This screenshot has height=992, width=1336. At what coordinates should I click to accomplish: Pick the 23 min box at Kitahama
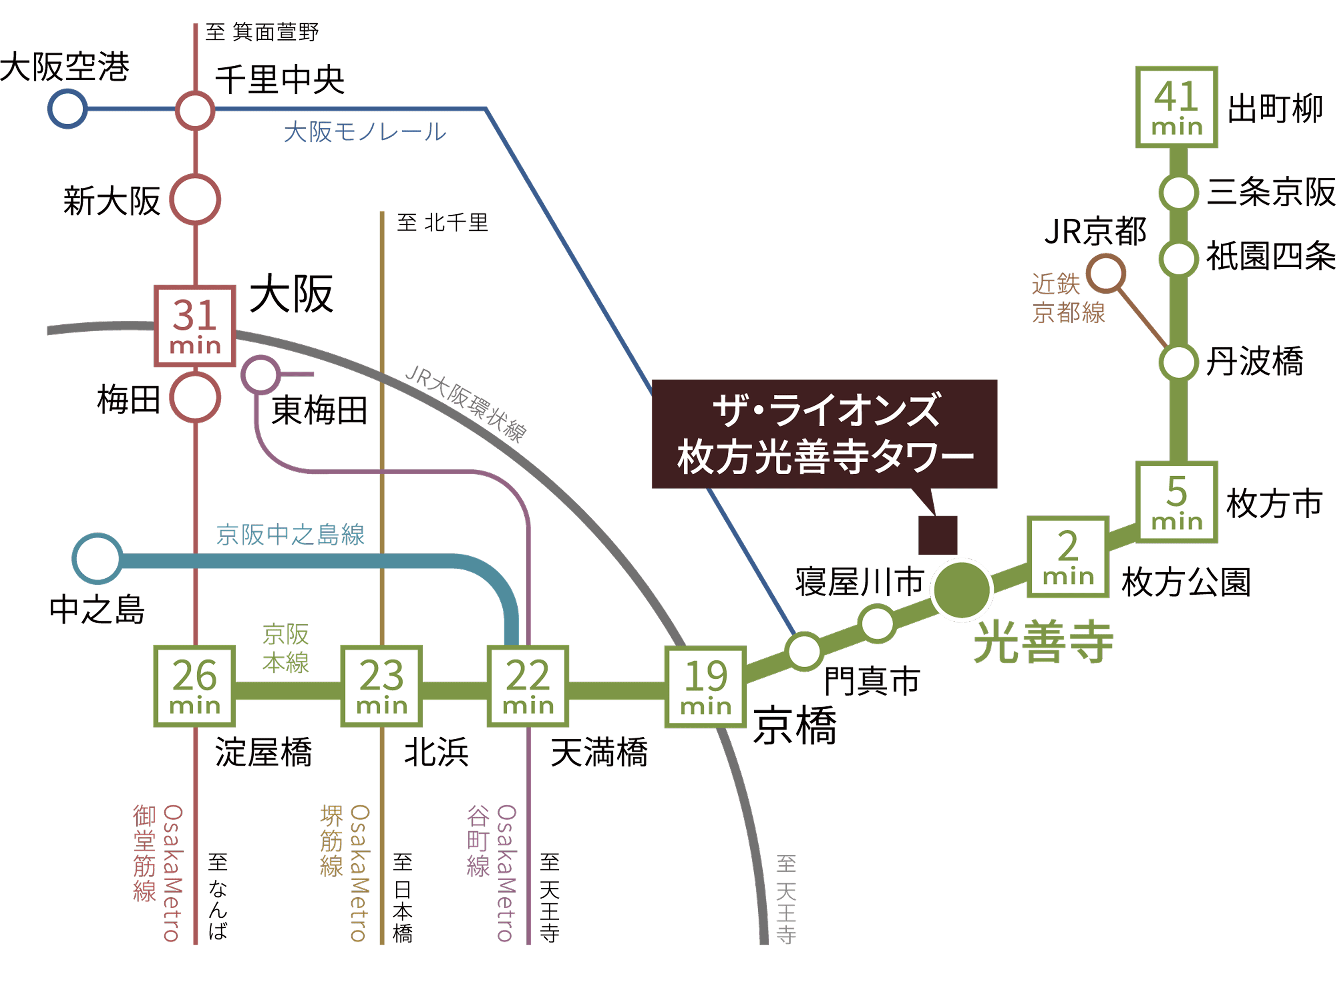coord(381,686)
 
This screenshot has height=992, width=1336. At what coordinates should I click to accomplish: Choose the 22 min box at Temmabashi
coord(527,686)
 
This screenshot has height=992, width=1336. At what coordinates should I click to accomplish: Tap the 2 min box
coord(1067,556)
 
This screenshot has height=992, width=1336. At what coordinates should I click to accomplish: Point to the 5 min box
coord(1176,502)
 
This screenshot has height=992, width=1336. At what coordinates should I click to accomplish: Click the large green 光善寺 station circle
coord(961,589)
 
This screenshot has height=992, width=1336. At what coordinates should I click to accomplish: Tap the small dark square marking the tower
coord(938,534)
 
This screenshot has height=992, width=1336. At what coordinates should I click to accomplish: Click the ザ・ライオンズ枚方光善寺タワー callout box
coord(824,434)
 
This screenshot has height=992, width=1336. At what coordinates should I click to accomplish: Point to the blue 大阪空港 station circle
coord(67,109)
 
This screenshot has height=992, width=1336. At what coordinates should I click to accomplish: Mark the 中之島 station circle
coord(97,558)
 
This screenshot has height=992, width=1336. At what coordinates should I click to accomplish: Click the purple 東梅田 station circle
coord(261,375)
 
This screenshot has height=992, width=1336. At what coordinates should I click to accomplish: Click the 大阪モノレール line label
coord(365,132)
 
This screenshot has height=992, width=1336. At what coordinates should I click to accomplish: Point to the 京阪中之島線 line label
coord(290,534)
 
